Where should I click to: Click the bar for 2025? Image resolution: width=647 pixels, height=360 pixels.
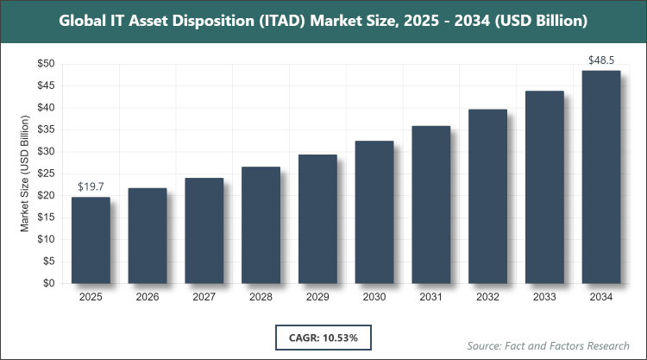(91, 240)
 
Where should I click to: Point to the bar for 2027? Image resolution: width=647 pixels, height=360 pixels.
(204, 231)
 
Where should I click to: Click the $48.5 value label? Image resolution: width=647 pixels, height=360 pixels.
(601, 60)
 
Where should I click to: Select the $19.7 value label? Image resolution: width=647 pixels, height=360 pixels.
(91, 186)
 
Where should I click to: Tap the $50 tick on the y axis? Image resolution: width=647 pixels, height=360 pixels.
(46, 64)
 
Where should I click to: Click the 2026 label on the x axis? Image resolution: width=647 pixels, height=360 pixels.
(147, 297)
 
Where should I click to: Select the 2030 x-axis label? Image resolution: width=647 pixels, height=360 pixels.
(374, 297)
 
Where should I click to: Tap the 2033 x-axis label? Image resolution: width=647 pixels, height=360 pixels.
(544, 297)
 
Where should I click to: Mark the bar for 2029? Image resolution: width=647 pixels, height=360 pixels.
(317, 218)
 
